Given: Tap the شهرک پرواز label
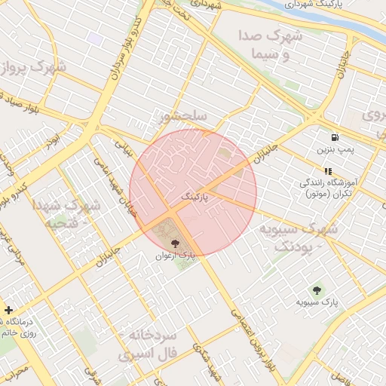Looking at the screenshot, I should (33, 69).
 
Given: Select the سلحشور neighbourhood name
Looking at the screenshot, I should (183, 116).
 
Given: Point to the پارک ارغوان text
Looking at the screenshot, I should (175, 256).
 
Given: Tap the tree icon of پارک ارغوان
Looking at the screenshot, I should (176, 244).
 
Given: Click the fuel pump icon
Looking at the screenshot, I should (334, 138).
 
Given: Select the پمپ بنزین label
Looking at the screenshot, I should (335, 151).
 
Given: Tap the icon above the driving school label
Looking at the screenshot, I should (328, 171).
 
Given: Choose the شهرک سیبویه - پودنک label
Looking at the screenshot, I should (299, 236).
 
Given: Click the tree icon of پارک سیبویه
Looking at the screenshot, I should (317, 290).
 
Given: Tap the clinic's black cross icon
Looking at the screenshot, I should (8, 309).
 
